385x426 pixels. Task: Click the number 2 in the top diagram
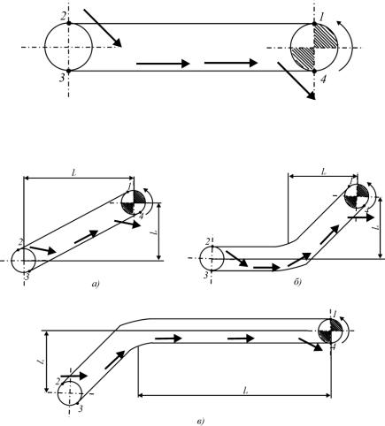[x=64, y=16]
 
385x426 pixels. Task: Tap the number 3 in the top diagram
[x=62, y=78]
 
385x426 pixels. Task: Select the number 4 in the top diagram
[x=324, y=80]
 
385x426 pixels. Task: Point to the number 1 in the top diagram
[x=322, y=17]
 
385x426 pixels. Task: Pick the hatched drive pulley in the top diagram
[x=314, y=47]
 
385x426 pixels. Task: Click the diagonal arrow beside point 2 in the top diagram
[x=103, y=28]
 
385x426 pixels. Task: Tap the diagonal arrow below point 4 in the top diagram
[x=296, y=81]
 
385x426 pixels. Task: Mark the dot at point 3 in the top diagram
[x=69, y=71]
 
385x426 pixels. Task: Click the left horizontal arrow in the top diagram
[x=163, y=64]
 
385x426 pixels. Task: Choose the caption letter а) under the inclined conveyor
[x=96, y=285]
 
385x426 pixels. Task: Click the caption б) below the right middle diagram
[x=297, y=283]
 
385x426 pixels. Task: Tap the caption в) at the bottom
[x=200, y=422]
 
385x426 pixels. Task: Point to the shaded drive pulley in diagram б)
[x=357, y=195]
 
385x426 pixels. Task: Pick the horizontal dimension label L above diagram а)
[x=73, y=173]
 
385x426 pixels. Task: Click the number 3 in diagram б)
[x=206, y=275]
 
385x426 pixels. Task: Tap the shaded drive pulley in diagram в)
[x=330, y=331]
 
